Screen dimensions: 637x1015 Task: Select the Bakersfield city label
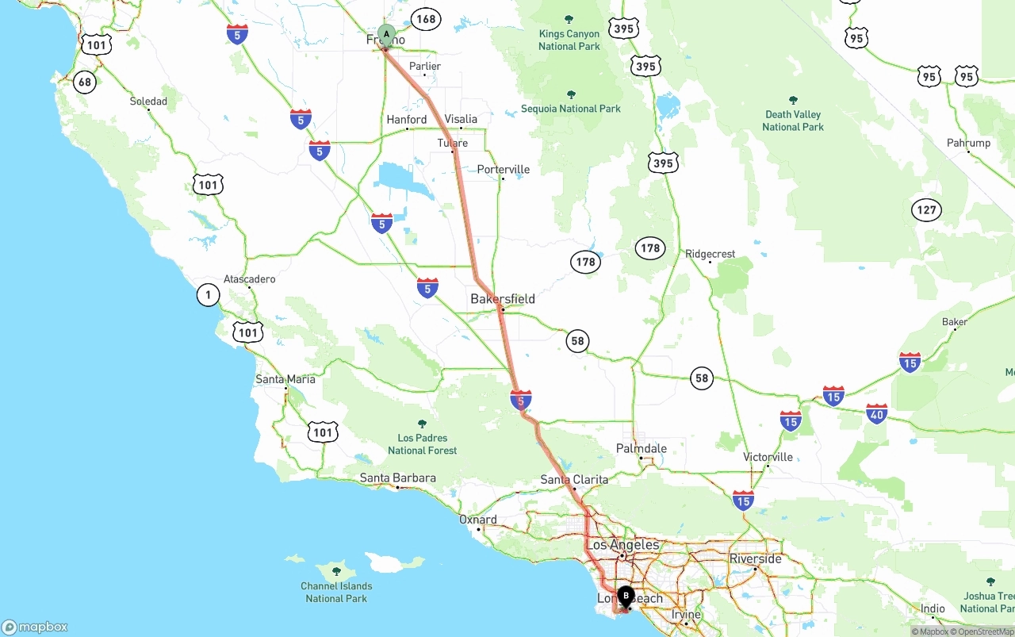coord(503,299)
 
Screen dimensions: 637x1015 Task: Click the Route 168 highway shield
coord(426,20)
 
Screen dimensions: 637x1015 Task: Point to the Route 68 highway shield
coord(84,82)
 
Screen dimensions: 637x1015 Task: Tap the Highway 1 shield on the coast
coord(208,296)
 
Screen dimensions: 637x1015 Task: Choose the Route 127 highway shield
coord(926,210)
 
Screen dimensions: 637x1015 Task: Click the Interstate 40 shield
coord(876,414)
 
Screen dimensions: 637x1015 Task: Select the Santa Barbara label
coord(398,478)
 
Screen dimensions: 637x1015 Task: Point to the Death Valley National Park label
coord(793,121)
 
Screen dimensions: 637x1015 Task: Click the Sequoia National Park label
coord(571,109)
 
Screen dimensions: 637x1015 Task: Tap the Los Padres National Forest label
coord(422,444)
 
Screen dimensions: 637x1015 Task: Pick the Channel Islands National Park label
coord(336,592)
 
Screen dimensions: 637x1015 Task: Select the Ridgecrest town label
coord(710,255)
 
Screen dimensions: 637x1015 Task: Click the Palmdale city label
coord(642,449)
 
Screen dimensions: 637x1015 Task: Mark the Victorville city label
coord(768,457)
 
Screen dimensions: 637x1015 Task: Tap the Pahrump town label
coord(969,144)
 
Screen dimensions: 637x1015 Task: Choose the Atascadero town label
coord(249,279)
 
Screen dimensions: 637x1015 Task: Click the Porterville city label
coord(504,170)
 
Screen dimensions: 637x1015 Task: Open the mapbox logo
coord(35,627)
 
